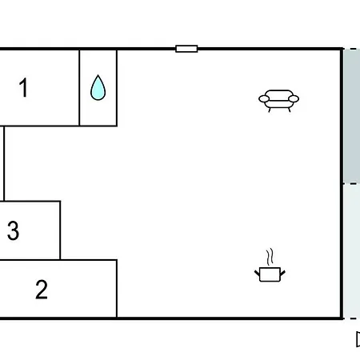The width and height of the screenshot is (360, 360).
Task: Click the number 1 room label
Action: coord(23,87)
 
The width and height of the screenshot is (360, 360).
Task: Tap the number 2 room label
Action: coord(42,290)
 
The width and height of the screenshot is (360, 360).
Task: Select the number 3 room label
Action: coord(13,230)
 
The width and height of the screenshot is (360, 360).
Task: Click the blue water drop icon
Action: coord(98,88)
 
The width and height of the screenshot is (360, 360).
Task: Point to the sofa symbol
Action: coord(278,101)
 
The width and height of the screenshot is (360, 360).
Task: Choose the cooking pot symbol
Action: coord(270,274)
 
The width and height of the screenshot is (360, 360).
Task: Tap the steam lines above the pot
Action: coord(270,257)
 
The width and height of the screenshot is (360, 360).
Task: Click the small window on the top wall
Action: coord(186,49)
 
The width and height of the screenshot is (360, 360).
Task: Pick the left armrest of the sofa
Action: coord(264,99)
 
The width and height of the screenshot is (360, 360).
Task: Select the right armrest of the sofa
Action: coord(294,99)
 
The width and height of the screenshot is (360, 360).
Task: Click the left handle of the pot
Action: coord(257,273)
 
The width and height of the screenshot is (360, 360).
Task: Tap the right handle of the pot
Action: coord(282,273)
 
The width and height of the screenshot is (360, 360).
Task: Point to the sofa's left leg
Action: coord(270,110)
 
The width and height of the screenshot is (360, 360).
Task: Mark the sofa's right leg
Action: coord(290,110)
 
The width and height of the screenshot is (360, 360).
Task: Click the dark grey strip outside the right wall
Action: coord(352,116)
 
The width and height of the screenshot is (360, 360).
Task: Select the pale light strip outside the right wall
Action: coord(352,251)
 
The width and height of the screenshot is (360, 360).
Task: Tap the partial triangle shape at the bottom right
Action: coord(358,339)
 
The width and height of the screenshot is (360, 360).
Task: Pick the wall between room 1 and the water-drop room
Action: coord(79,88)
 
